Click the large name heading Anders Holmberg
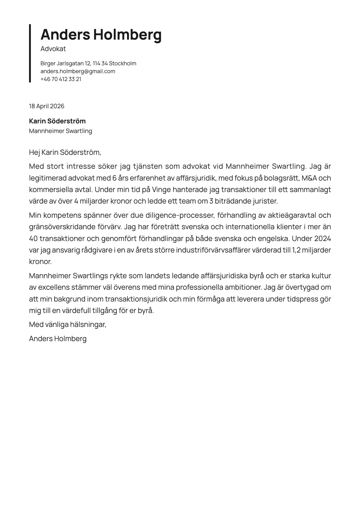101,35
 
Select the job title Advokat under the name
53,49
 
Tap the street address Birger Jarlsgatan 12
66,64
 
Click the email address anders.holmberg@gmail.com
78,71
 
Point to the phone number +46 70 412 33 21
61,79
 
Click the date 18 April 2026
47,106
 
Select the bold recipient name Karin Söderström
57,121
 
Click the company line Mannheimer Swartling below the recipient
61,131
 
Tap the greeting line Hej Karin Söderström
65,152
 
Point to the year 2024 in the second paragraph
322,238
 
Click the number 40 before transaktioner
33,238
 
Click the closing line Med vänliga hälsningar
67,325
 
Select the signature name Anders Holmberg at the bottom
58,339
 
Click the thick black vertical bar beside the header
30,53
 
